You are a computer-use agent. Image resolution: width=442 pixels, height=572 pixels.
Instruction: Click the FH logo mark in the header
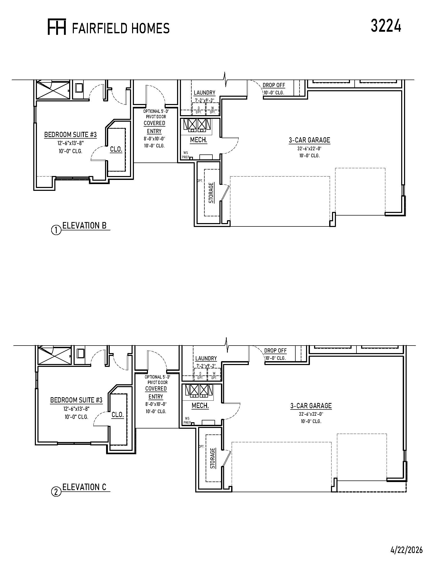(x=57, y=27)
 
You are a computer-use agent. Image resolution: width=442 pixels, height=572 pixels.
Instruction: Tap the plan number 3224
(x=386, y=26)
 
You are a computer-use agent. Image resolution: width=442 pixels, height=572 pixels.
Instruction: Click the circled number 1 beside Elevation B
(x=56, y=230)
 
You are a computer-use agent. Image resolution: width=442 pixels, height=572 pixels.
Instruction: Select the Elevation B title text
(x=84, y=225)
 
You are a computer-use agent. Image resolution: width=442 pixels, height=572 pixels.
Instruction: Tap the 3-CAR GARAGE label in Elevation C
(x=311, y=406)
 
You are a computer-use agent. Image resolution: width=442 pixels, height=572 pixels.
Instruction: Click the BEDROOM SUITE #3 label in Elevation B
(x=70, y=135)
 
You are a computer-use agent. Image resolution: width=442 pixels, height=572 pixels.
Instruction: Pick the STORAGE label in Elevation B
(x=211, y=192)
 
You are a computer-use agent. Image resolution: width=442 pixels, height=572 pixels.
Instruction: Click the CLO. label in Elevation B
(x=116, y=149)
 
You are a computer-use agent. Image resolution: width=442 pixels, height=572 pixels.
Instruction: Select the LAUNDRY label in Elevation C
(x=206, y=358)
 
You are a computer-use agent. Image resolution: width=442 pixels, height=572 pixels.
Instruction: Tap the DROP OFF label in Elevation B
(x=274, y=85)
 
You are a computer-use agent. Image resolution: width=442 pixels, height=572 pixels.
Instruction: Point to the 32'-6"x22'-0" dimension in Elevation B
(x=309, y=148)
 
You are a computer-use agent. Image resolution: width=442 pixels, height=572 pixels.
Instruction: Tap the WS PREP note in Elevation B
(x=186, y=155)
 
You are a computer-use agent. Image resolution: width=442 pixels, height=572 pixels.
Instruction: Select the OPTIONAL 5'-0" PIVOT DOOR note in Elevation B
(x=156, y=114)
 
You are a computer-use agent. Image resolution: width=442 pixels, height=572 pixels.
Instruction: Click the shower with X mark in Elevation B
(x=53, y=90)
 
